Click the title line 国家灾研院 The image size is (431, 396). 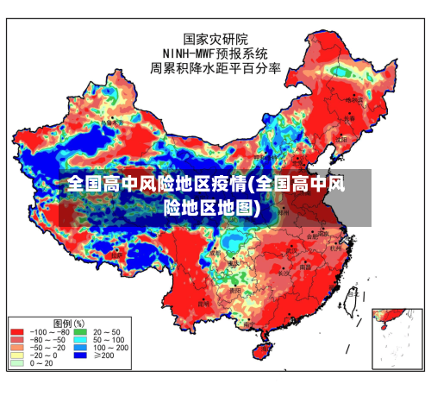point(215,39)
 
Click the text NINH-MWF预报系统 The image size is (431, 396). point(215,53)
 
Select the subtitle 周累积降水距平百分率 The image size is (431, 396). point(215,67)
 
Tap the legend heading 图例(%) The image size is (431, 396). point(68,322)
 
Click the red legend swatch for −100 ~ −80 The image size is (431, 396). point(17,331)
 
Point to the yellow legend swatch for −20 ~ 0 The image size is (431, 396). point(17,355)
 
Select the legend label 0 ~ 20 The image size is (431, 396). point(42,363)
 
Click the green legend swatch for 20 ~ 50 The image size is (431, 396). point(80,331)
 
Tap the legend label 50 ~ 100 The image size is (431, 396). point(107,339)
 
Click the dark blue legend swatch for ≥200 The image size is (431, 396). point(80,355)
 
